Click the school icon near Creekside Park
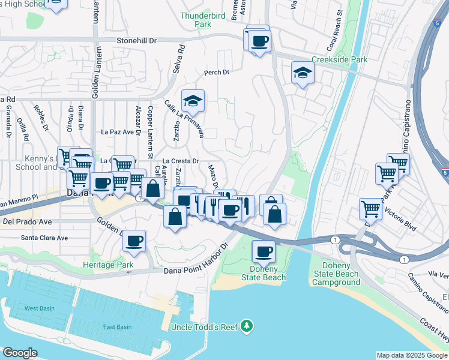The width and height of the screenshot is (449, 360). tap(303, 73)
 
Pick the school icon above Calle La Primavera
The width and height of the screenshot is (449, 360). tap(193, 101)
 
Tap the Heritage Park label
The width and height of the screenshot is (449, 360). tap(108, 265)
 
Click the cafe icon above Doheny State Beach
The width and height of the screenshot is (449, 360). tap(263, 251)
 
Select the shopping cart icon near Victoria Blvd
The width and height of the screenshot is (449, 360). tap(371, 209)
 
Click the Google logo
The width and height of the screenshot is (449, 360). tap(20, 353)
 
